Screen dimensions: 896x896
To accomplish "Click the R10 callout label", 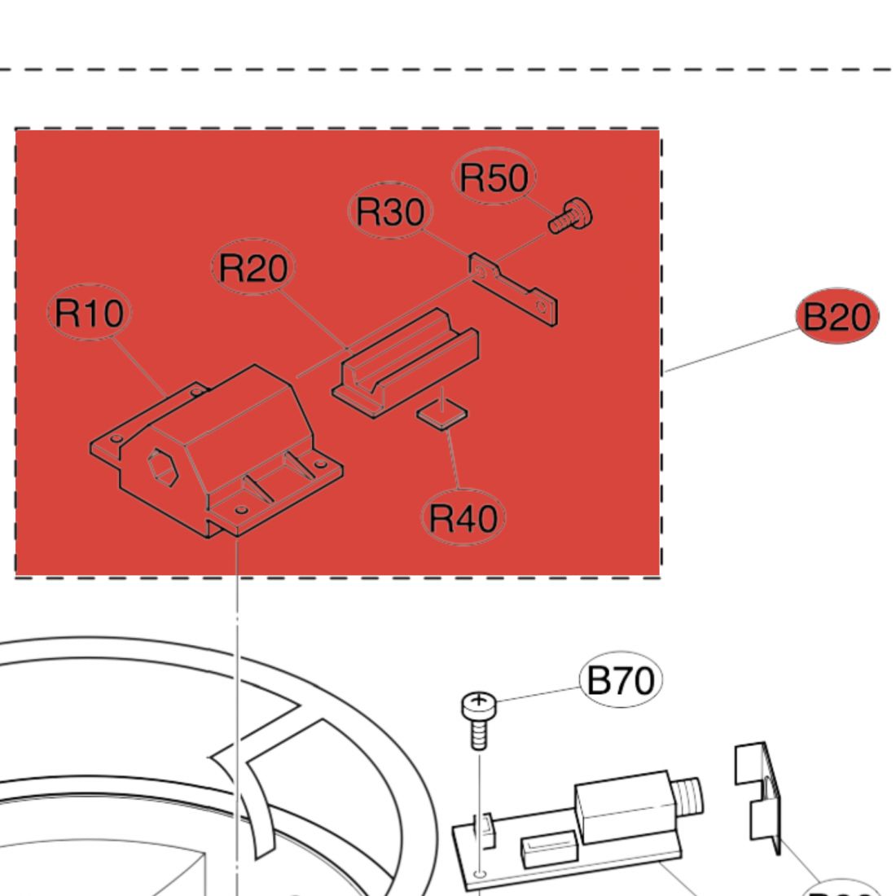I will click(90, 314).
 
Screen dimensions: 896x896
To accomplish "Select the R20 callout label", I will click(253, 268).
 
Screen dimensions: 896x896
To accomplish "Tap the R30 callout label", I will click(391, 212).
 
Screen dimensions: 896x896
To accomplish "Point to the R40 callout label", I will click(463, 517).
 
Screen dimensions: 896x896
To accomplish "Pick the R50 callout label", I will click(494, 178).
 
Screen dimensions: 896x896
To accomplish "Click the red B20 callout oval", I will click(837, 316).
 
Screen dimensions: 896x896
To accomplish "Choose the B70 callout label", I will click(621, 679).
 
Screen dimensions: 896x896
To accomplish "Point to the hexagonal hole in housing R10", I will click(161, 468).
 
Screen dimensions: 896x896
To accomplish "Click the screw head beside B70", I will click(477, 702).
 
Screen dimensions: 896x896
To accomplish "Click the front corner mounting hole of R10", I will click(240, 510).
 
